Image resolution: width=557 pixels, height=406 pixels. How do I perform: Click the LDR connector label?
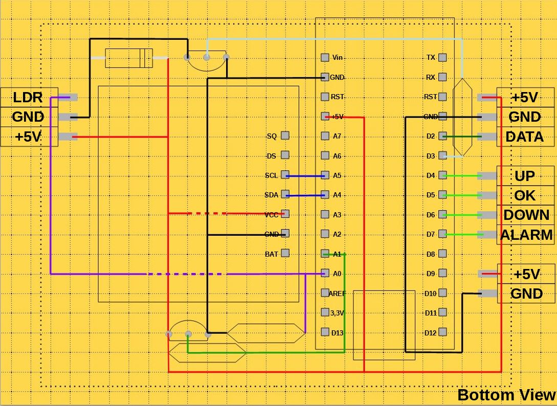pyautogui.click(x=28, y=97)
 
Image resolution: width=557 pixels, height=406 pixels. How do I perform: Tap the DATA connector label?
pyautogui.click(x=524, y=137)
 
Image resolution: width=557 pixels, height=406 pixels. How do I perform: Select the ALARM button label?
pyautogui.click(x=526, y=235)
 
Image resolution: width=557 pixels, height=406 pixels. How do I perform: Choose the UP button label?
pyautogui.click(x=524, y=176)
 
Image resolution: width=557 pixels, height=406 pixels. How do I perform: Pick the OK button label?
pyautogui.click(x=524, y=195)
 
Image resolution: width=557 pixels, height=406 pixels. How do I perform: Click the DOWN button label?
pyautogui.click(x=526, y=215)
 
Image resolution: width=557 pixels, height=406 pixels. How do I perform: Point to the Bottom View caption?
pyautogui.click(x=506, y=395)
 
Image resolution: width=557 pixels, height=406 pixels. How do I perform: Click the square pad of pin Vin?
pyautogui.click(x=325, y=58)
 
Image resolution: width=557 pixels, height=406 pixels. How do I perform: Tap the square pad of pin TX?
pyautogui.click(x=442, y=58)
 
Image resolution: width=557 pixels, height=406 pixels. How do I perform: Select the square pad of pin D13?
pyautogui.click(x=325, y=332)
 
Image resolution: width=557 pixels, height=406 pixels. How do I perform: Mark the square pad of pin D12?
pyautogui.click(x=442, y=332)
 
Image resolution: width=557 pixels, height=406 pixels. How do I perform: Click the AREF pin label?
pyautogui.click(x=337, y=294)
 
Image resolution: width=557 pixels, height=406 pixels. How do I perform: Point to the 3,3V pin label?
pyautogui.click(x=337, y=313)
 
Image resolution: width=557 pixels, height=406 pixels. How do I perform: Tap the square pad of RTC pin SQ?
pyautogui.click(x=285, y=136)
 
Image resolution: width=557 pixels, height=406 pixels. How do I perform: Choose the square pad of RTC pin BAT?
pyautogui.click(x=285, y=253)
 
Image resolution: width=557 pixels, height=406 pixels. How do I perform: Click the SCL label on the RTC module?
pyautogui.click(x=271, y=175)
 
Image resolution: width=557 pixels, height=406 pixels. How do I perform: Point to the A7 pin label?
pyautogui.click(x=337, y=136)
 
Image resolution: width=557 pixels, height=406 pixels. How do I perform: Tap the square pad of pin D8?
pyautogui.click(x=442, y=254)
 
